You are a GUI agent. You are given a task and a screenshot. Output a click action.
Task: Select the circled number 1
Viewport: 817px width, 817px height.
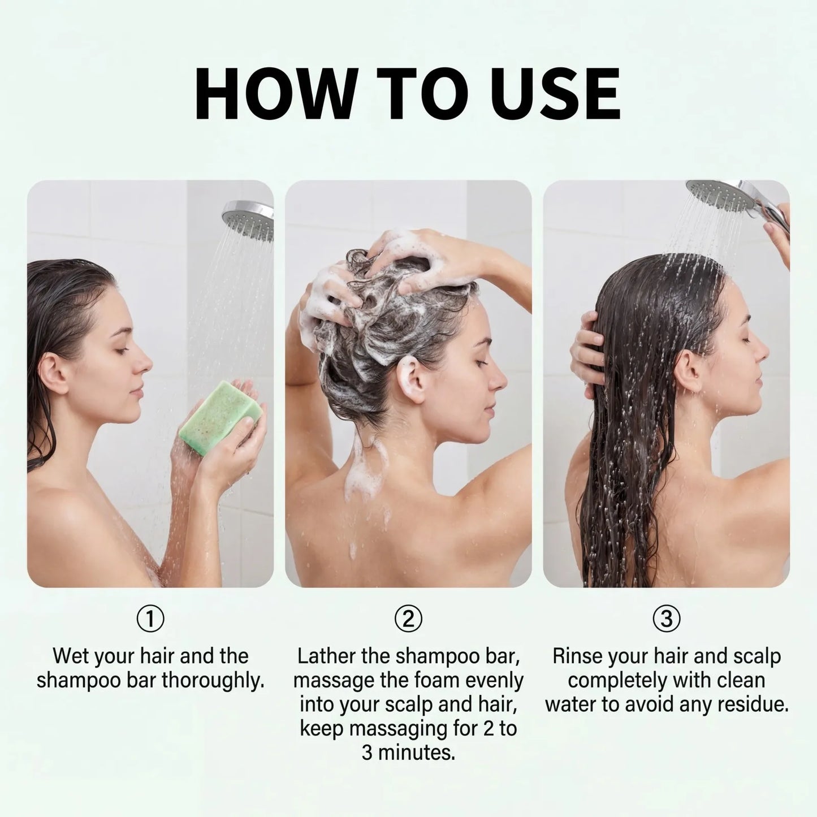click(150, 619)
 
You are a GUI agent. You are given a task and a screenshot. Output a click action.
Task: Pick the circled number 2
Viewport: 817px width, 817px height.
click(408, 619)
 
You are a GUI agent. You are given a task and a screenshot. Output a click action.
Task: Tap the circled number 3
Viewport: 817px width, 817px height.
click(666, 619)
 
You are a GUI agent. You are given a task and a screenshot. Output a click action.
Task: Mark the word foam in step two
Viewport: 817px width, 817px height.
click(436, 681)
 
